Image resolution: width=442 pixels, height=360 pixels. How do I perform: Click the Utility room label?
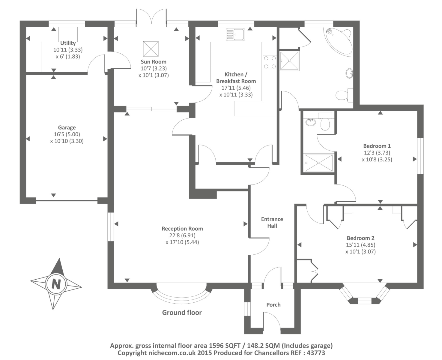click(x=68, y=43)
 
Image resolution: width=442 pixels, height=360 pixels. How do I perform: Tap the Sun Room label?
click(x=154, y=62)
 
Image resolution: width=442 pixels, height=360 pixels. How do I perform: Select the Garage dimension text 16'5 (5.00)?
click(x=67, y=134)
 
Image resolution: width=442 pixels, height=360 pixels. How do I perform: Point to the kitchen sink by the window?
click(x=235, y=34)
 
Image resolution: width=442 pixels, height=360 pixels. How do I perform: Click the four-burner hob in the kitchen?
click(x=270, y=62)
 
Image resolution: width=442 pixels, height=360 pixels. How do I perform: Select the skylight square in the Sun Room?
click(x=151, y=49)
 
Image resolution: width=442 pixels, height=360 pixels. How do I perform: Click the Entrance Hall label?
click(x=272, y=222)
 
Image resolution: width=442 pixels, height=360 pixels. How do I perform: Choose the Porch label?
click(x=273, y=304)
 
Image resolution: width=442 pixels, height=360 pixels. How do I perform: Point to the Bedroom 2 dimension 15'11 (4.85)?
click(x=360, y=245)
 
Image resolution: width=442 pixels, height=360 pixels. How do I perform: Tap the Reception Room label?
click(x=182, y=229)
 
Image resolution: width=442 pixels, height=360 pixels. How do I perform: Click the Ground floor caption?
click(x=182, y=313)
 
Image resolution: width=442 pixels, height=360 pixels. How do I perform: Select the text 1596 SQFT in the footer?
click(x=225, y=346)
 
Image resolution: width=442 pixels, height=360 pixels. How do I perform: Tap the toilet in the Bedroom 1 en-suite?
click(x=325, y=122)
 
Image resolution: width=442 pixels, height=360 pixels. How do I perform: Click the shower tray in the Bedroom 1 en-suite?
click(x=319, y=163)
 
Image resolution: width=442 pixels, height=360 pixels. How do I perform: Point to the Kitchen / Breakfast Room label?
click(x=236, y=78)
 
